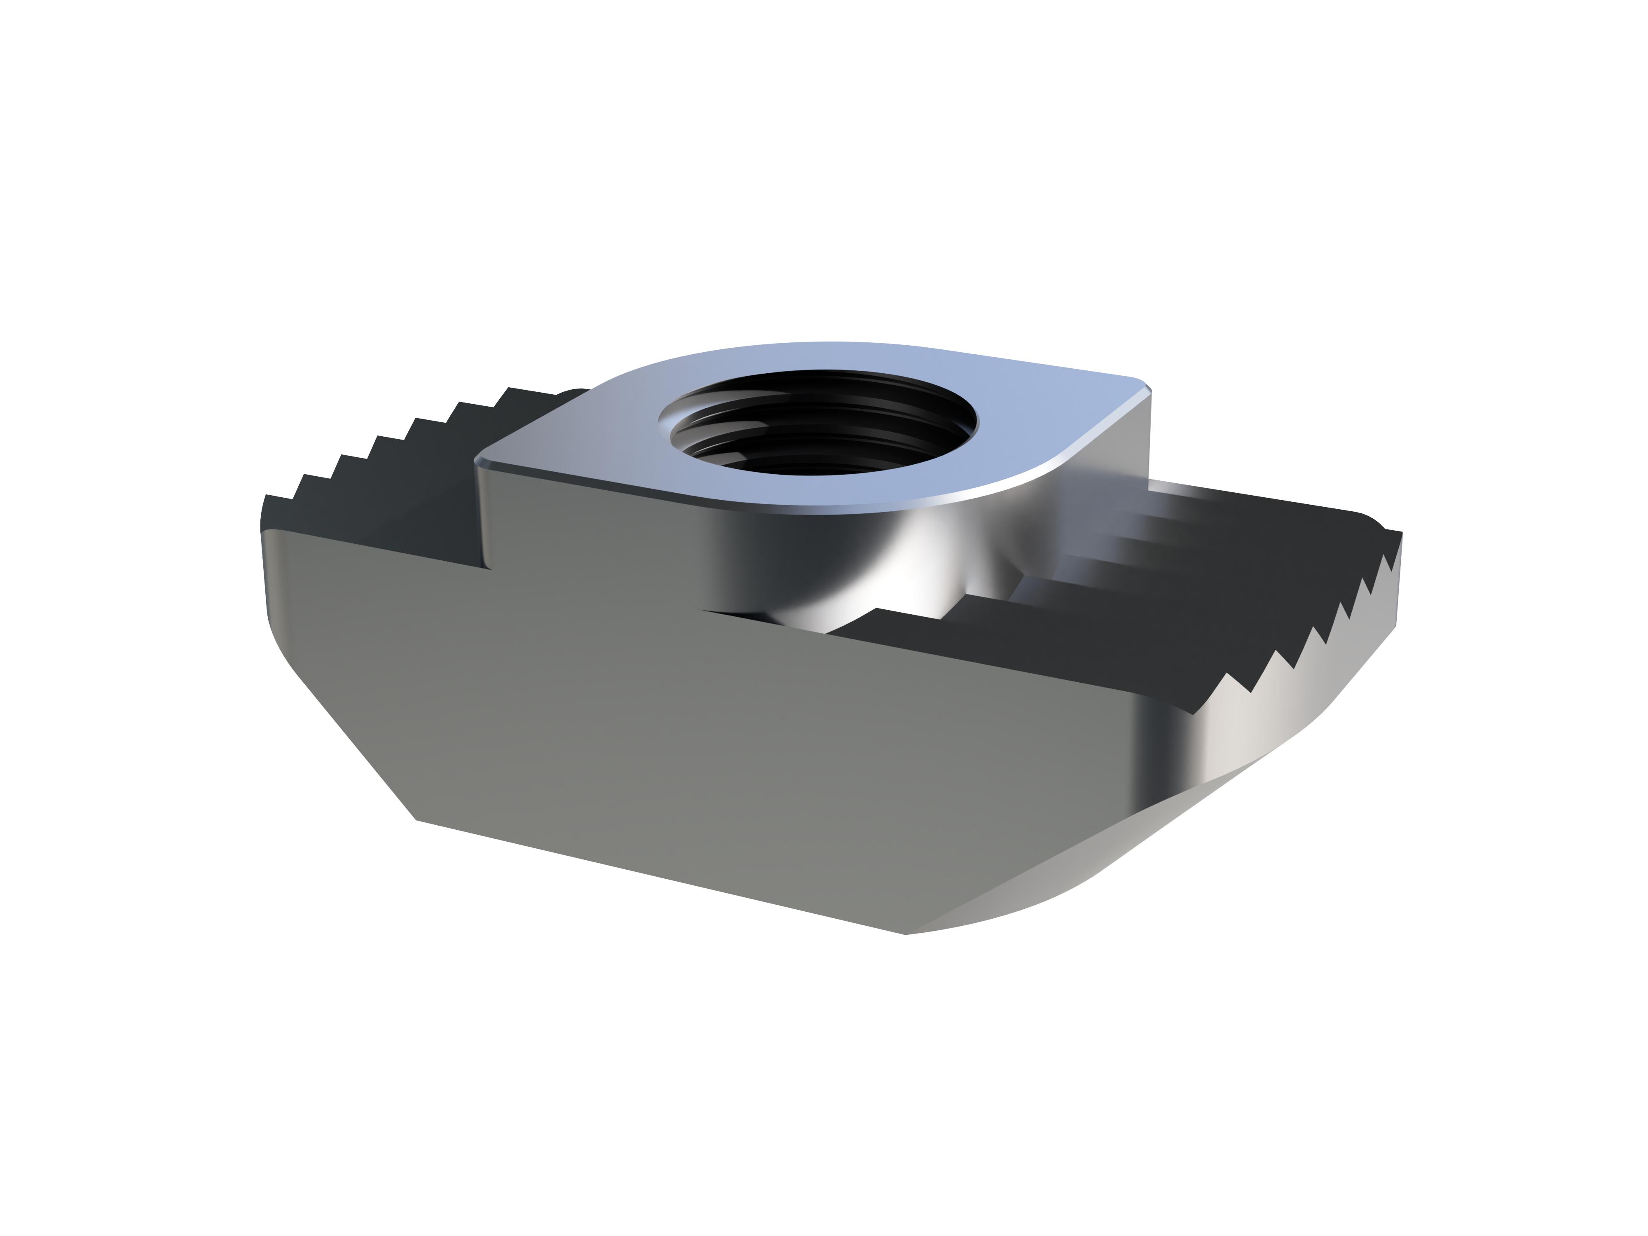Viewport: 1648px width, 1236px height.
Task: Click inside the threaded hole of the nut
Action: [818, 428]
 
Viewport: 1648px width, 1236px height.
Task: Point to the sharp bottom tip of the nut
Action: [905, 934]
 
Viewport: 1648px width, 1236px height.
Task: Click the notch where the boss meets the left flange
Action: [488, 566]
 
